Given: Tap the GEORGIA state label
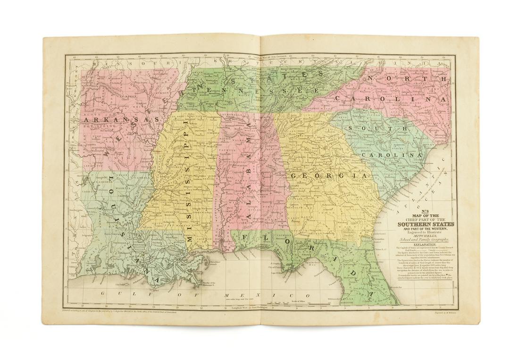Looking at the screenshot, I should [328, 175].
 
